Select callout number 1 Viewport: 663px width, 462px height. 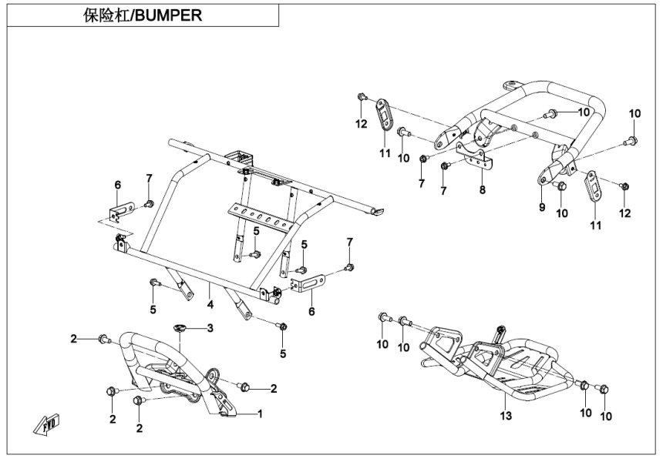pos(260,413)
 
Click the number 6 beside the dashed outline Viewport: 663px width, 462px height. pos(118,184)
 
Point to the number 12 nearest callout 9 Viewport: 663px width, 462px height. pos(624,212)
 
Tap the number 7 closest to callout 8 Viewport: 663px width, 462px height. pos(444,189)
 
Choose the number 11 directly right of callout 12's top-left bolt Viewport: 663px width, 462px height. pos(385,154)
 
